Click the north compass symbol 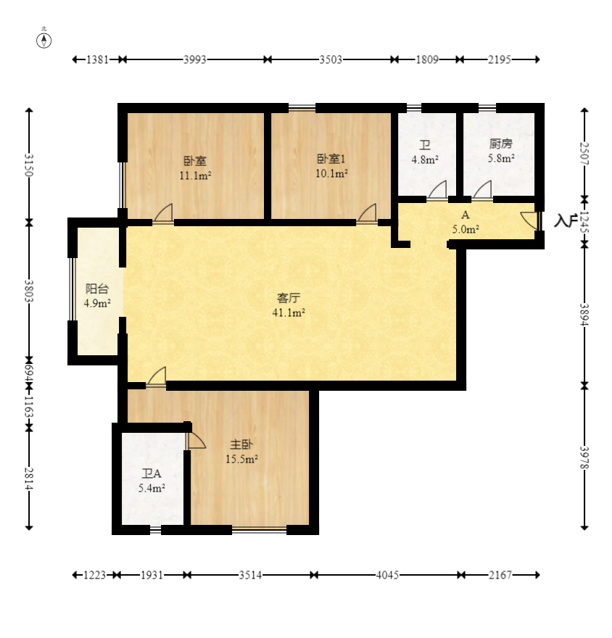pos(44,41)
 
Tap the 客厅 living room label pos(289,298)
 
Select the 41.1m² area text pos(289,312)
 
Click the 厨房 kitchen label pos(501,144)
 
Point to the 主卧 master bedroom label pos(241,444)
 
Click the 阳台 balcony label pos(97,289)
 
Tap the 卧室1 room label pos(331,158)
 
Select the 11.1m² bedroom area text pos(195,175)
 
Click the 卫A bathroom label pos(152,473)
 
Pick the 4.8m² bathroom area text pos(425,159)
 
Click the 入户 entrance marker pos(566,220)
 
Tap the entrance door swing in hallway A pos(529,221)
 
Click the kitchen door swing pos(482,190)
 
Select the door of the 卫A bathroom pos(196,441)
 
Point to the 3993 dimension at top pos(195,59)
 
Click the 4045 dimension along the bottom pos(387,575)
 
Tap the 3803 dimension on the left pos(28,291)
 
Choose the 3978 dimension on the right pos(584,457)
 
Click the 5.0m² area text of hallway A pos(466,230)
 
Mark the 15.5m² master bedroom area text pos(241,459)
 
